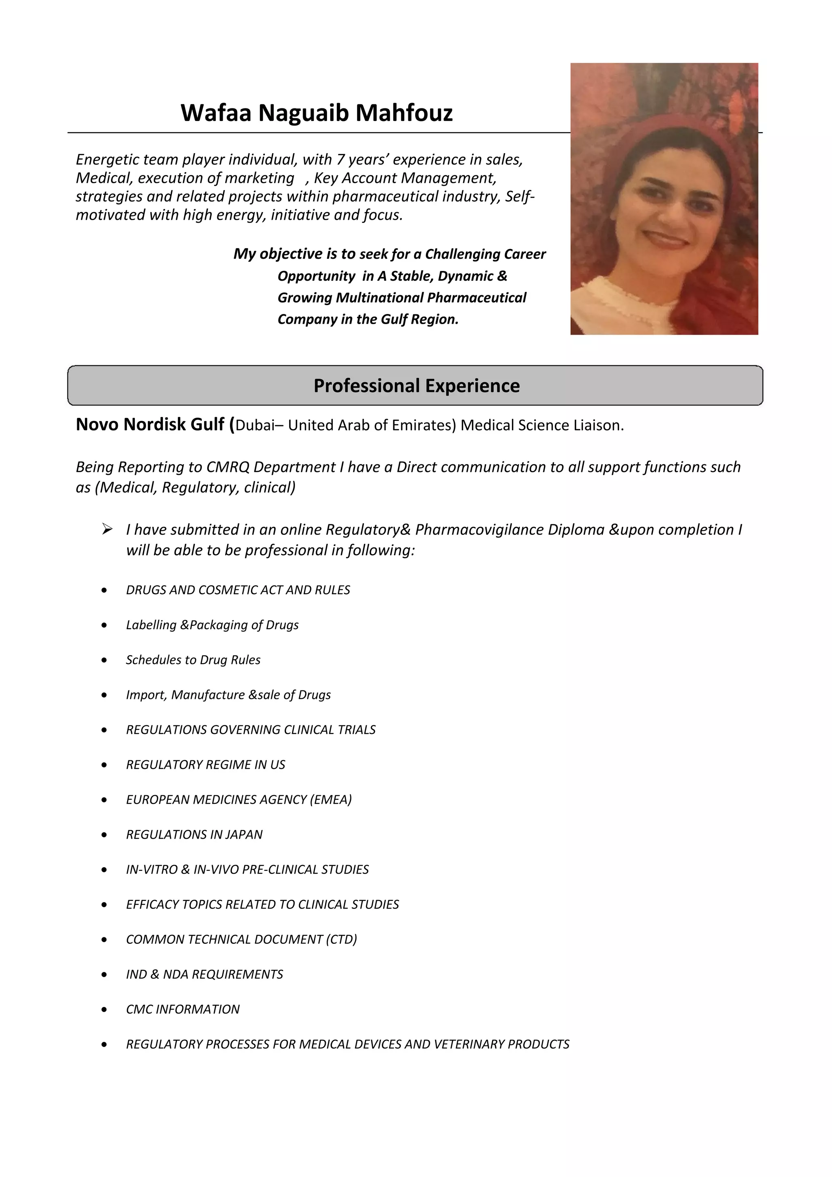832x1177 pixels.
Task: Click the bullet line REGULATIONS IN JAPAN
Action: [194, 835]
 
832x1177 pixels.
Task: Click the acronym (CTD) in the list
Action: [341, 939]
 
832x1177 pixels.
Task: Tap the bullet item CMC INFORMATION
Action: [182, 1009]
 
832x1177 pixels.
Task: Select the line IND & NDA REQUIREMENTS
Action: [204, 974]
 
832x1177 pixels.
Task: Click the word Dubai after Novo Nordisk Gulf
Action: [255, 426]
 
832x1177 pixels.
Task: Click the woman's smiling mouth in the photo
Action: [665, 239]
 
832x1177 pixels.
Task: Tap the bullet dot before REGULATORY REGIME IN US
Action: [104, 765]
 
